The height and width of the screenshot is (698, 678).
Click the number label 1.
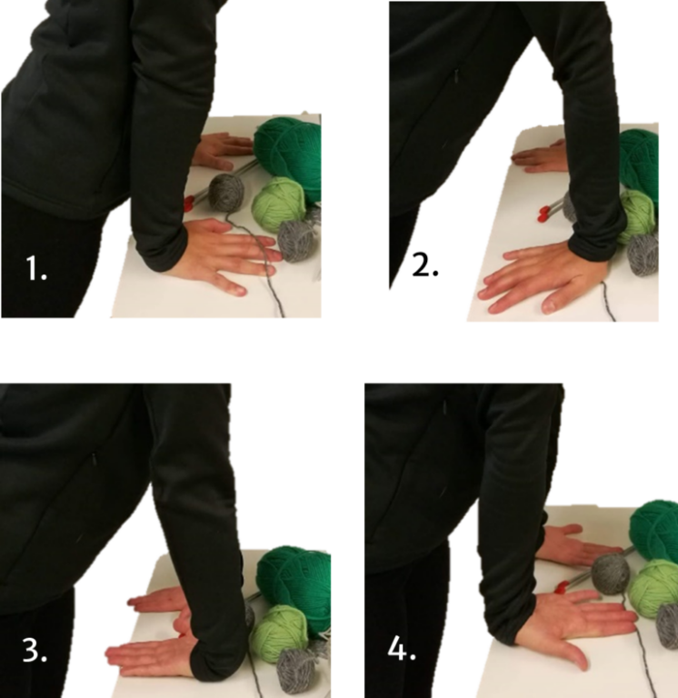36,268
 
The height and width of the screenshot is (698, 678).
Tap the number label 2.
425,264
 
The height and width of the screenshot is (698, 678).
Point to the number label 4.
402,648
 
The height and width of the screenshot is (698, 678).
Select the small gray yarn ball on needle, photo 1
226,192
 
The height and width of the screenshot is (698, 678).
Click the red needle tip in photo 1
189,203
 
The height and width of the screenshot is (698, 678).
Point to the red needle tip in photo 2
543,214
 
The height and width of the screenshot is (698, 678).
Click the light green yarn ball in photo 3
280,633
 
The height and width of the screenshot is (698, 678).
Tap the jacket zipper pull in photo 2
457,76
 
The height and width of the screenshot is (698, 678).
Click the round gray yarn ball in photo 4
612,574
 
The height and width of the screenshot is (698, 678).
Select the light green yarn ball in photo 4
653,588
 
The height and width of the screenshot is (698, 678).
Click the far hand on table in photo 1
223,152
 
